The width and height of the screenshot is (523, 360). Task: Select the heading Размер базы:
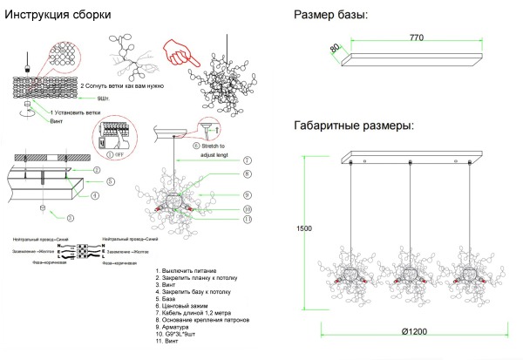331,15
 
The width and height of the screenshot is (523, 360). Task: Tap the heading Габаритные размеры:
353,126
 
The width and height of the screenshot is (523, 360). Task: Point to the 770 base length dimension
422,39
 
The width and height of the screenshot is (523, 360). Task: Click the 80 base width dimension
335,49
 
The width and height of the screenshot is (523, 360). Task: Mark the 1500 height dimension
303,228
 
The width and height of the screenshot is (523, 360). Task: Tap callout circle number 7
248,160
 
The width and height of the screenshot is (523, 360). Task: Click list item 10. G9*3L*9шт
180,334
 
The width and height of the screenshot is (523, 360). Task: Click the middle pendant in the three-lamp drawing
409,270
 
